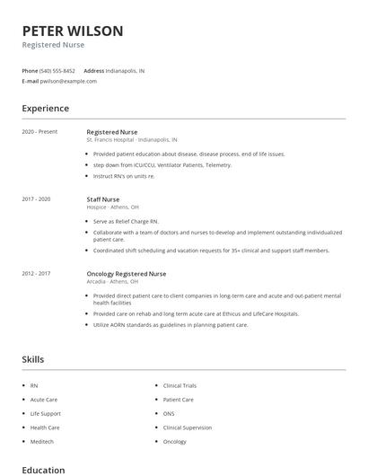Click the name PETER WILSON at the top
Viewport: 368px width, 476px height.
coord(73,31)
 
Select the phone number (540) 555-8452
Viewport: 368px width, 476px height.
coord(57,70)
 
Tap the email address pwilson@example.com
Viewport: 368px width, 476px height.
coord(69,81)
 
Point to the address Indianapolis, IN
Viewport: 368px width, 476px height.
coord(125,70)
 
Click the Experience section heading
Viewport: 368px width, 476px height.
coord(45,109)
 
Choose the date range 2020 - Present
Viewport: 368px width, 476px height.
coord(39,132)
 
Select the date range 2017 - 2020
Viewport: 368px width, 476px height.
coord(36,198)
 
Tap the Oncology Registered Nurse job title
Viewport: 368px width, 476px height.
coord(126,274)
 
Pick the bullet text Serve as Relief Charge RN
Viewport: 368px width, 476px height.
coord(125,221)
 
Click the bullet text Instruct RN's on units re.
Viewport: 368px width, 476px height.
coord(124,176)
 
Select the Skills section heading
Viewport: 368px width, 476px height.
coord(32,360)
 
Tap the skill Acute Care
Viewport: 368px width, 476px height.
coord(44,400)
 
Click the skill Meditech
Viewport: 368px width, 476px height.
coord(42,442)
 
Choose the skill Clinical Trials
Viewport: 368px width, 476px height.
coord(180,385)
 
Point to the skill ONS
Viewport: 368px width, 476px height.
coord(170,414)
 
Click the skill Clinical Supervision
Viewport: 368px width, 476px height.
coord(188,428)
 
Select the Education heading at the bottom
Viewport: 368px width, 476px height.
coord(43,470)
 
